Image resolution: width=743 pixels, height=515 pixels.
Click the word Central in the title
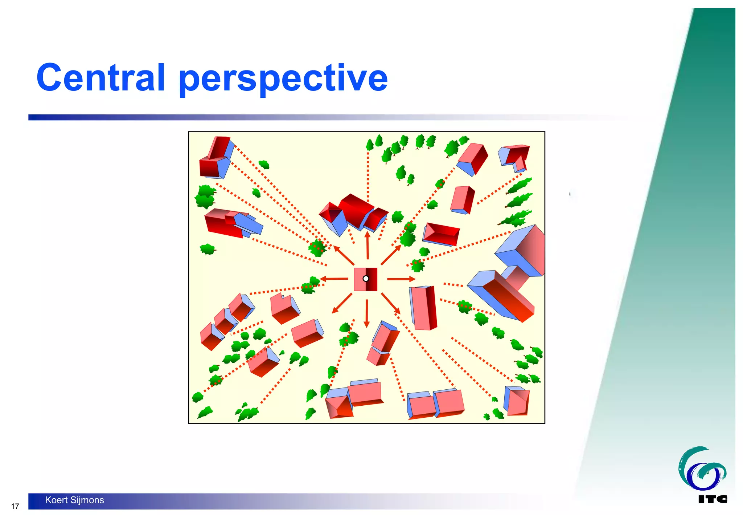pos(101,77)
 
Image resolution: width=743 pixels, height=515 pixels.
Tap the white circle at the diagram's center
pos(366,279)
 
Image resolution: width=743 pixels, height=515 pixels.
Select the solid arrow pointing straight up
pos(368,245)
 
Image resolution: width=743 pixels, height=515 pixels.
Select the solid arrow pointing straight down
pos(367,313)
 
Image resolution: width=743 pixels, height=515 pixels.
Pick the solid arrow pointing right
pos(401,279)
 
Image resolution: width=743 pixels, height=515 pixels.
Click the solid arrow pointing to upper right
pos(391,255)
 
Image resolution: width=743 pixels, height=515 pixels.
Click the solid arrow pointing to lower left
pos(342,303)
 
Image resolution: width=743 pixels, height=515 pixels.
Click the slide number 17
pos(15,506)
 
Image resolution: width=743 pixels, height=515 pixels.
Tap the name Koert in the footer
pos(56,500)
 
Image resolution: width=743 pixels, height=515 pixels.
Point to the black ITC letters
pos(713,499)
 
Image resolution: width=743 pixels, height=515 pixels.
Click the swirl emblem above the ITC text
pos(702,469)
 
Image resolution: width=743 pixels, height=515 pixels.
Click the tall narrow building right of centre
pos(423,308)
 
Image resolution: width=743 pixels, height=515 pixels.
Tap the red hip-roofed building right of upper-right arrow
pos(441,234)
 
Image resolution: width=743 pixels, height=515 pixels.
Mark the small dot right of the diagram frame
pos(570,194)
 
